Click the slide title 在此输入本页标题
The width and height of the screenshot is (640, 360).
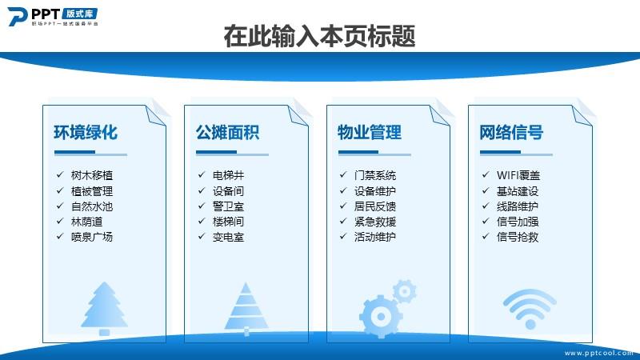coord(319,36)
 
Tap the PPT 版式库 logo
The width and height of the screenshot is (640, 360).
coord(53,17)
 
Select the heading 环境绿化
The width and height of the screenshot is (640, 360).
coord(86,132)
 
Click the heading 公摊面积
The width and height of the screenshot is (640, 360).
coord(227,132)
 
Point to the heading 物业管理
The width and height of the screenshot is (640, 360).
coord(370,132)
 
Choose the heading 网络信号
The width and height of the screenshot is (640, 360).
coord(511,132)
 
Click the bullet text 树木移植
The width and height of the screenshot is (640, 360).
coord(92,175)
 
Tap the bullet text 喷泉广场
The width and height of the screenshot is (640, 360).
coord(92,237)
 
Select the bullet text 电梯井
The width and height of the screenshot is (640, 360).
coord(228,175)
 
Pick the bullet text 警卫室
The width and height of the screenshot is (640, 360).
coord(228,206)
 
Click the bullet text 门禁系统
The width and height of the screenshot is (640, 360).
coord(375,175)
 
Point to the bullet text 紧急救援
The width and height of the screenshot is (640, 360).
coord(375,222)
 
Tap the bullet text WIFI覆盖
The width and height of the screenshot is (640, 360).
coord(518,175)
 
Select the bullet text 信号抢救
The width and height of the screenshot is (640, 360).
coord(518,237)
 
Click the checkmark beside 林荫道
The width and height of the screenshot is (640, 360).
coord(60,221)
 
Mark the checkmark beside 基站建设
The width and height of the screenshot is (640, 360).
coord(486,190)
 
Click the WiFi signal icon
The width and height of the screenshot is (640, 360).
coord(530,309)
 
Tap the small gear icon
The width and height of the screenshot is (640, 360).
coord(405,291)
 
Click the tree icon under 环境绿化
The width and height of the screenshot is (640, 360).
coord(105,309)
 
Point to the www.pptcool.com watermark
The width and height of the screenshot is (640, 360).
coord(598,353)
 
